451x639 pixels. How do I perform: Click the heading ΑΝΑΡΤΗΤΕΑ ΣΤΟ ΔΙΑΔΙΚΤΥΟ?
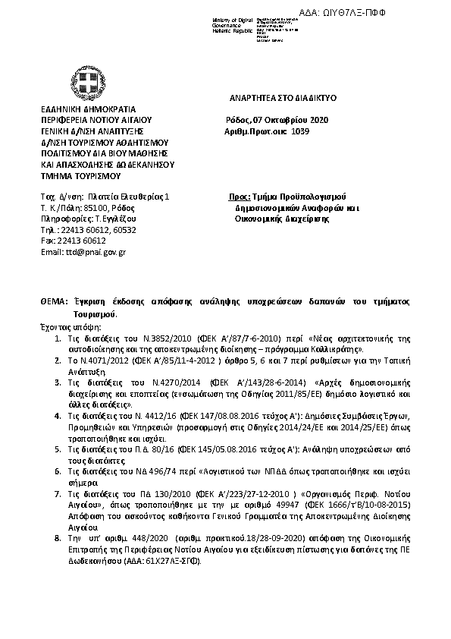coord(283,99)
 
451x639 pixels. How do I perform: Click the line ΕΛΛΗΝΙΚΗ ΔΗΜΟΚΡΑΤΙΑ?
coord(80,109)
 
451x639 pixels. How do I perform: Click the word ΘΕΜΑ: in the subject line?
coord(54,301)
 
